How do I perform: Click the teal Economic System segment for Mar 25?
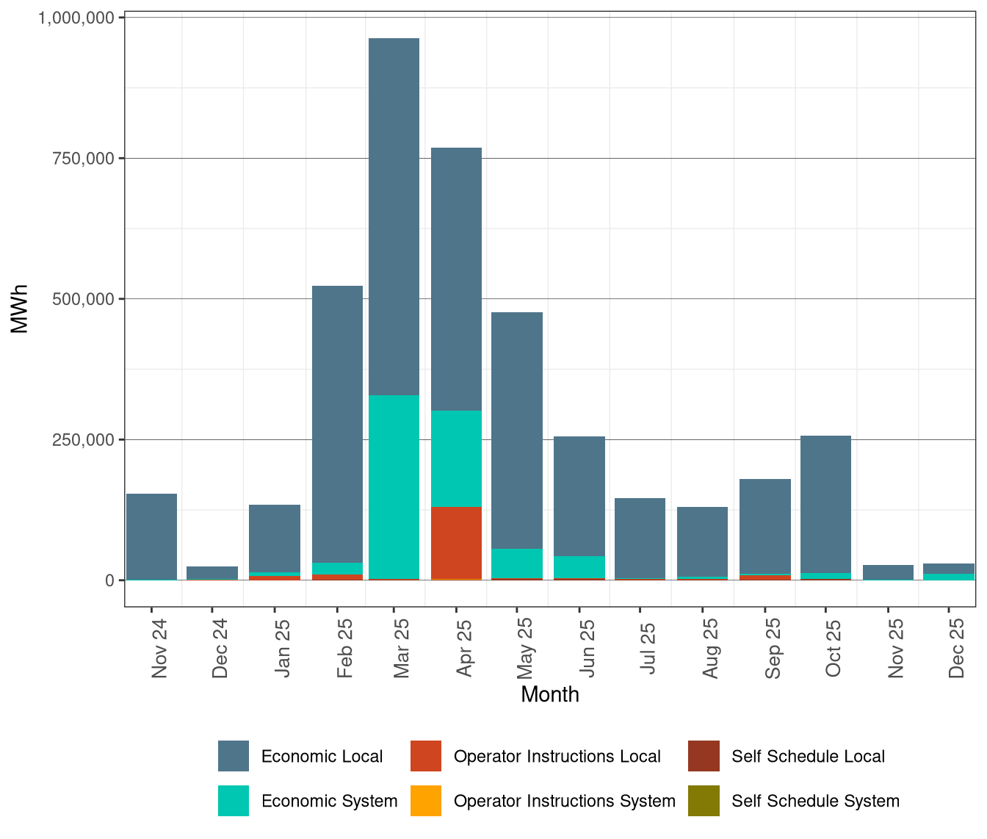[394, 486]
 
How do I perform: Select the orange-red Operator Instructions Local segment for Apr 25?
[456, 542]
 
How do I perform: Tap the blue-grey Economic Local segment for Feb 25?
[337, 424]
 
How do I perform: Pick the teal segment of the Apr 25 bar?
[456, 458]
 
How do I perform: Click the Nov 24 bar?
[151, 536]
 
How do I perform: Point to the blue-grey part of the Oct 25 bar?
[825, 504]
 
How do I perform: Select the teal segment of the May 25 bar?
[517, 563]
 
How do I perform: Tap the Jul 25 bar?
[640, 538]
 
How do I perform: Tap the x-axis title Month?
[549, 694]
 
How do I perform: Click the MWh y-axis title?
[20, 309]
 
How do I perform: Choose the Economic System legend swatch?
[234, 801]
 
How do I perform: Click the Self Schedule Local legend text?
[808, 757]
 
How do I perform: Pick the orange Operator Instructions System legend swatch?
[426, 801]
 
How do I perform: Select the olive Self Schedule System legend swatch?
[704, 801]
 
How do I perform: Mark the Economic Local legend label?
[322, 757]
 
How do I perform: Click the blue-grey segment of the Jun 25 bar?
[579, 496]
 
